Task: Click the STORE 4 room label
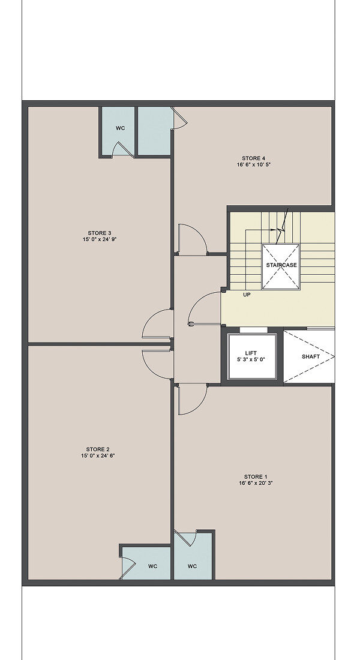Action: pyautogui.click(x=253, y=158)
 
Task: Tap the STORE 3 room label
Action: pyautogui.click(x=100, y=233)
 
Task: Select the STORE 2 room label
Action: pyautogui.click(x=98, y=449)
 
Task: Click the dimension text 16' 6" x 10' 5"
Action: pyautogui.click(x=253, y=164)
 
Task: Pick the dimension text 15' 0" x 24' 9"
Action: pyautogui.click(x=100, y=239)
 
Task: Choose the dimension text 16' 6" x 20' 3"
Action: pyautogui.click(x=256, y=483)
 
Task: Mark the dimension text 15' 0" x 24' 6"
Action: pyautogui.click(x=98, y=455)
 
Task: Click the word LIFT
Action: pyautogui.click(x=251, y=353)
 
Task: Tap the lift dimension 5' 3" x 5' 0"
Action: pyautogui.click(x=251, y=359)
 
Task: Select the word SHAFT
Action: pyautogui.click(x=311, y=356)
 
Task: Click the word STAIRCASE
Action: pyautogui.click(x=281, y=265)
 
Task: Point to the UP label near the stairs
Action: pyautogui.click(x=247, y=295)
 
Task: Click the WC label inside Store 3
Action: pyautogui.click(x=121, y=128)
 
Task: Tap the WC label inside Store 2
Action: pyautogui.click(x=152, y=566)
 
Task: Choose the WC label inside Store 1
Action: pyautogui.click(x=193, y=566)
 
